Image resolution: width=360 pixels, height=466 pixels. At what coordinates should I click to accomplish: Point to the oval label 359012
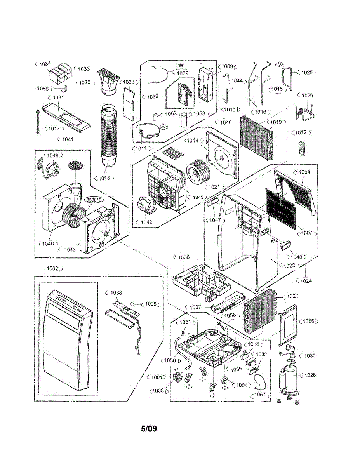[x=94, y=200]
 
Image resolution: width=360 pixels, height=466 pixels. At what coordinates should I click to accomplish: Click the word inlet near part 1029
[x=180, y=65]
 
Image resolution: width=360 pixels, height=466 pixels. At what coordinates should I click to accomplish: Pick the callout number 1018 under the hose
[x=104, y=178]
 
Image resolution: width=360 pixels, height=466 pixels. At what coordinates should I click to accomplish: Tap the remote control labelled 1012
[x=301, y=148]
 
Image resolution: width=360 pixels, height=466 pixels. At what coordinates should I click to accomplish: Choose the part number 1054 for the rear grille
[x=304, y=172]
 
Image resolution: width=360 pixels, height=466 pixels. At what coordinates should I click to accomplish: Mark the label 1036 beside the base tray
[x=184, y=257]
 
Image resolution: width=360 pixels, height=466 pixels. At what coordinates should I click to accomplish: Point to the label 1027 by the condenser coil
[x=292, y=296]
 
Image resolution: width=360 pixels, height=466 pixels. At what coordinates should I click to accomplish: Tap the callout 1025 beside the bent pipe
[x=307, y=72]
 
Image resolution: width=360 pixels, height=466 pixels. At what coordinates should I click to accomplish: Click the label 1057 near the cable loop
[x=261, y=394]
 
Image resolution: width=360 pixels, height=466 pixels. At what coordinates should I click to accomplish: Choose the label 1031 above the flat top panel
[x=58, y=97]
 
